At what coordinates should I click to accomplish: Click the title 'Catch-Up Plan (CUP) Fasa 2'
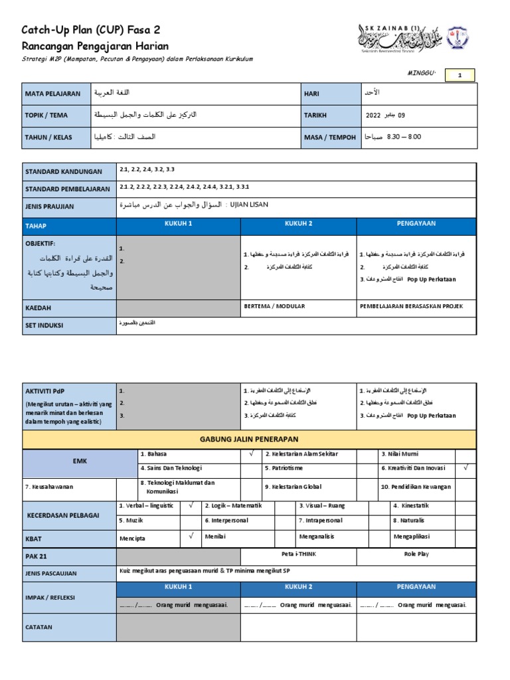pyautogui.click(x=91, y=30)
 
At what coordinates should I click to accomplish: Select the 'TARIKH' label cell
pyautogui.click(x=315, y=115)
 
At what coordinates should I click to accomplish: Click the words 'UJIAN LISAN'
pyautogui.click(x=248, y=205)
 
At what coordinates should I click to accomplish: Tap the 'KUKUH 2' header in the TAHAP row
pyautogui.click(x=298, y=224)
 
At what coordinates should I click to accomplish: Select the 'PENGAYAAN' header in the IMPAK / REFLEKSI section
pyautogui.click(x=416, y=587)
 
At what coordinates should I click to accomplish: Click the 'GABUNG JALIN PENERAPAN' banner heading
pyautogui.click(x=250, y=439)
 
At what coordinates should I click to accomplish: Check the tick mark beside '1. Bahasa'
pyautogui.click(x=251, y=454)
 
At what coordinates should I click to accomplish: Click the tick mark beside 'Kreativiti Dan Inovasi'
pyautogui.click(x=466, y=467)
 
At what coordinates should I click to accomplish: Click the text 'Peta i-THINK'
pyautogui.click(x=299, y=552)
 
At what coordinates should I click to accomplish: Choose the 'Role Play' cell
pyautogui.click(x=416, y=552)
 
